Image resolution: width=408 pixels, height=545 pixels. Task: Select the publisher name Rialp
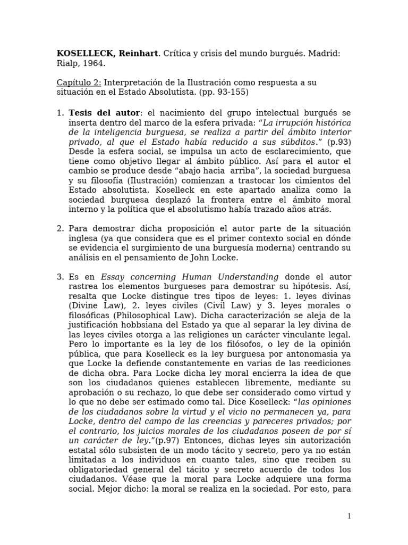click(x=66, y=63)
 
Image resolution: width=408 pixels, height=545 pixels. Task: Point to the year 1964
click(x=95, y=63)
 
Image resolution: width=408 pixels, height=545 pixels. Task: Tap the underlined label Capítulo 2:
click(x=79, y=82)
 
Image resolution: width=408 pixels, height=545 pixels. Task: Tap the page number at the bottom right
click(x=349, y=516)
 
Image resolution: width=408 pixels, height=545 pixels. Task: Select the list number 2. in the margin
click(x=60, y=228)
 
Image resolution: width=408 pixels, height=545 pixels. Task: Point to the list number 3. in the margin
click(x=60, y=277)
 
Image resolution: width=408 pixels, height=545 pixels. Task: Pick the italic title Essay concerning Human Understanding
click(x=190, y=277)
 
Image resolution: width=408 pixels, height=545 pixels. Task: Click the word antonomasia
click(x=312, y=354)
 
